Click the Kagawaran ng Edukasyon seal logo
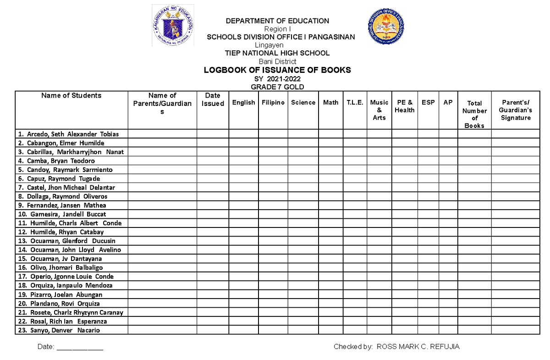coord(173,26)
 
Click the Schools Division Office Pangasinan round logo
coord(386,26)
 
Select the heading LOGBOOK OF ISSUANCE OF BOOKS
coord(277,70)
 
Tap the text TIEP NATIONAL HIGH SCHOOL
coord(277,53)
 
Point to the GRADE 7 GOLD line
coord(277,87)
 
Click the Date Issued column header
coord(213,100)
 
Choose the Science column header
coord(303,103)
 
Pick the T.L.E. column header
coord(355,103)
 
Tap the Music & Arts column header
coord(379,110)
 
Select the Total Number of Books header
coord(474,114)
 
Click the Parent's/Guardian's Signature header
coord(516,110)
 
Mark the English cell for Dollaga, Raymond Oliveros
coord(243,196)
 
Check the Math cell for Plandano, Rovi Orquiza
coord(330,304)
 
